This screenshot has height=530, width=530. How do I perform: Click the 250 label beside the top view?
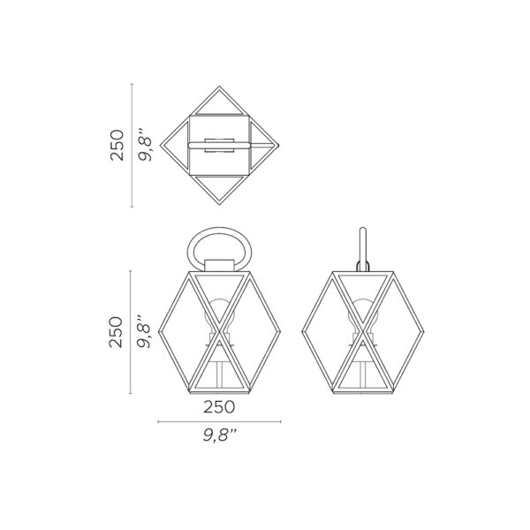click(x=117, y=145)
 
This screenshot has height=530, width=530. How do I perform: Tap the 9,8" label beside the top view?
click(x=146, y=145)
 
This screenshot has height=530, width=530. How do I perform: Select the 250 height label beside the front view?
click(x=116, y=332)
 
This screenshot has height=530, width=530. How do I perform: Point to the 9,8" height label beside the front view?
click(x=144, y=332)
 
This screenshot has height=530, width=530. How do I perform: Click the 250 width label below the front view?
click(x=219, y=407)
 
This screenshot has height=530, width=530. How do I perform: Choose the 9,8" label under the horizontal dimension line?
click(x=219, y=435)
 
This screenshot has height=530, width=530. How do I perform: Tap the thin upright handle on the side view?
click(x=363, y=248)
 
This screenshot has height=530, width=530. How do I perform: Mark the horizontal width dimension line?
click(x=219, y=421)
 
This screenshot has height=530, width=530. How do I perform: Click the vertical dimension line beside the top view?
click(x=132, y=146)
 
